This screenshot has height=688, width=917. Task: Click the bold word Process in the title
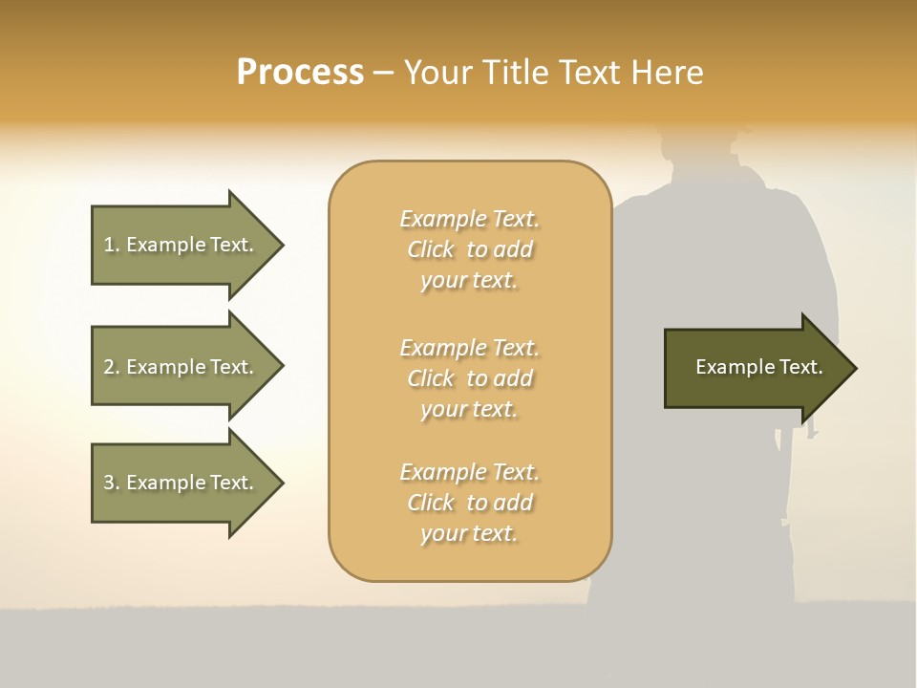[300, 73]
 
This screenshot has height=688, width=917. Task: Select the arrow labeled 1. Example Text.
[181, 245]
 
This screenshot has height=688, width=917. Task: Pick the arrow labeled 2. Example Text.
[181, 367]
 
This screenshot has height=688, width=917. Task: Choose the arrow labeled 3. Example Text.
[181, 483]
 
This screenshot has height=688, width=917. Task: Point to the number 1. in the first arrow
[111, 245]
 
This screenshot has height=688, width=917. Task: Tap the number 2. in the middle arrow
[111, 367]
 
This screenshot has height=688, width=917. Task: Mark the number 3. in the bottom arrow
[111, 483]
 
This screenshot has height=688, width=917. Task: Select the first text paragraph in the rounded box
[470, 249]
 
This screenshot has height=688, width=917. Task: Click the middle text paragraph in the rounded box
[470, 377]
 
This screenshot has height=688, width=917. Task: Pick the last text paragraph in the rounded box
[470, 503]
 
